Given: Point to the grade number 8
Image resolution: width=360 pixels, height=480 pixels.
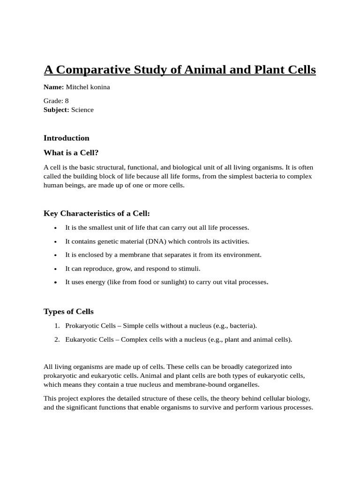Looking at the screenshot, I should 67,101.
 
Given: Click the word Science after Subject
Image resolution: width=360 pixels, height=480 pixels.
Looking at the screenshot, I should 82,110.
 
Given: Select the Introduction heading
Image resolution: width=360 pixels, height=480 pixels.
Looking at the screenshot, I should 66,138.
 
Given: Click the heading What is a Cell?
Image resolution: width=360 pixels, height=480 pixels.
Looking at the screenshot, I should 71,153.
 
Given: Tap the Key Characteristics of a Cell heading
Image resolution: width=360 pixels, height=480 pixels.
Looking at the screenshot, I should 97,213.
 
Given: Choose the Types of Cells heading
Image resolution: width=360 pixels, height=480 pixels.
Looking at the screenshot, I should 68,312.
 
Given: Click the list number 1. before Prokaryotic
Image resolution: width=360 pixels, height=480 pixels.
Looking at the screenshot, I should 57,326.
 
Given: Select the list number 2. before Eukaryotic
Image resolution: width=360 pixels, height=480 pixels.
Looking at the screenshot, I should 57,339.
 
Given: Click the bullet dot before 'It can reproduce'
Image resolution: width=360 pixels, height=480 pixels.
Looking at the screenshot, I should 55,269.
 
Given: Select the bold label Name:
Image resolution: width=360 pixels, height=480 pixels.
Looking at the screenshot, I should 53,87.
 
